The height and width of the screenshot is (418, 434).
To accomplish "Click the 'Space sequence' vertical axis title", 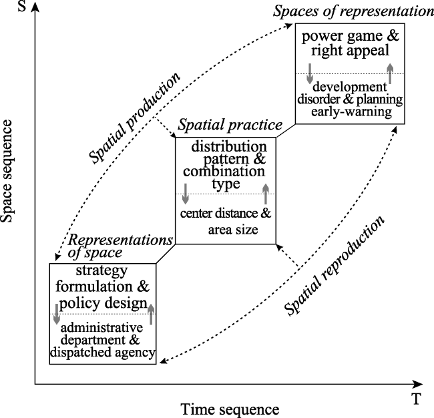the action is click(7, 171).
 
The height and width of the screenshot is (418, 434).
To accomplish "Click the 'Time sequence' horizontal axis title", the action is click(230, 409).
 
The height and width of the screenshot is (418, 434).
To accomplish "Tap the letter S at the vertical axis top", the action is click(22, 6).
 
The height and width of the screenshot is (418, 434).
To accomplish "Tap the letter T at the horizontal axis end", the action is click(416, 399).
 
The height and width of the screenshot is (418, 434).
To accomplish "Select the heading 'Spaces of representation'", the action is click(353, 11).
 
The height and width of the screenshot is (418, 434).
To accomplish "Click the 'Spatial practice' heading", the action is click(230, 125).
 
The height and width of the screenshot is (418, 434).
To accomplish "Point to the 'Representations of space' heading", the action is click(120, 246).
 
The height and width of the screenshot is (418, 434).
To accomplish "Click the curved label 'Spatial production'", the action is click(134, 118).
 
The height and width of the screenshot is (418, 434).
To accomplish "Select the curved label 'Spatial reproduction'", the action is click(335, 266).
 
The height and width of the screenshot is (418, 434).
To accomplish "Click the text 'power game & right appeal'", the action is click(350, 43).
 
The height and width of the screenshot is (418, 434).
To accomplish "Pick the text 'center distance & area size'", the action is click(226, 222).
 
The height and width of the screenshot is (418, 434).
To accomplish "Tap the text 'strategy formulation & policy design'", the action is click(102, 287).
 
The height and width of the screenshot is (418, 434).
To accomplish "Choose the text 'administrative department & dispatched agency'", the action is click(102, 340).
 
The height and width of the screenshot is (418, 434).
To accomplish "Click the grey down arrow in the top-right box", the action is click(310, 73).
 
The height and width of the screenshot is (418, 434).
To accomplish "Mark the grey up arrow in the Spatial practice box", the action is click(266, 194).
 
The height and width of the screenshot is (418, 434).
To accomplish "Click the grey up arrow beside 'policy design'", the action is click(151, 315).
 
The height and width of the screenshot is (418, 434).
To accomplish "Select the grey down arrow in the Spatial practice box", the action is click(186, 194).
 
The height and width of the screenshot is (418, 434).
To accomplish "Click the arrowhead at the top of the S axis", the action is click(35, 6).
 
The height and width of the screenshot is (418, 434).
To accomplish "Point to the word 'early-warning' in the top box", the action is click(351, 112).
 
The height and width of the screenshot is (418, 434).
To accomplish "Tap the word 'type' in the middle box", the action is click(226, 184).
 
